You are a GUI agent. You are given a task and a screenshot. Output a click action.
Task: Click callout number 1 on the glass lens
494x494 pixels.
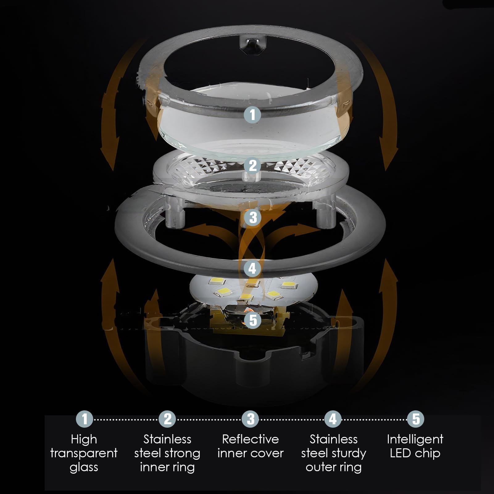[253, 114]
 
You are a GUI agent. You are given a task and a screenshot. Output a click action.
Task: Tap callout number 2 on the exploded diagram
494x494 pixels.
[253, 165]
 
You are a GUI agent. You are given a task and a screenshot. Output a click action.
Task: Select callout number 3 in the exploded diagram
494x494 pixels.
[253, 217]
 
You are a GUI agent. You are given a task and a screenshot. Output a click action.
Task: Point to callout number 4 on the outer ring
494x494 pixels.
[253, 268]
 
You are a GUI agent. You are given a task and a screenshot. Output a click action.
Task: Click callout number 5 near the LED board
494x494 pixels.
[253, 320]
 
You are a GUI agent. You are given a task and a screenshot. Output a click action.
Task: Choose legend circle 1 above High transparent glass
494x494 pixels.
[84, 419]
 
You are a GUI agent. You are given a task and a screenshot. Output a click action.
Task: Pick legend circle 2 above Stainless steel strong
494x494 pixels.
[167, 419]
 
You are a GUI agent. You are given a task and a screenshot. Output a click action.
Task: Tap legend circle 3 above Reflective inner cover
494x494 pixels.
[251, 419]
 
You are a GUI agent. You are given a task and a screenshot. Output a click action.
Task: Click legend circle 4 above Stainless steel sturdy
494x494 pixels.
[333, 419]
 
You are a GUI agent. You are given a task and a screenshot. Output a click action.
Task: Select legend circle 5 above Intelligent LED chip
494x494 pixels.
[416, 419]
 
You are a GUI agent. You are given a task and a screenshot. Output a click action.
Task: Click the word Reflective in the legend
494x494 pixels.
[251, 439]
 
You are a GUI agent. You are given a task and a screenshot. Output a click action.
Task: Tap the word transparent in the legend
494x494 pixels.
[84, 454]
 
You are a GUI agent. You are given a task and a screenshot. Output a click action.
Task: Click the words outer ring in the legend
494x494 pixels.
[334, 467]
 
